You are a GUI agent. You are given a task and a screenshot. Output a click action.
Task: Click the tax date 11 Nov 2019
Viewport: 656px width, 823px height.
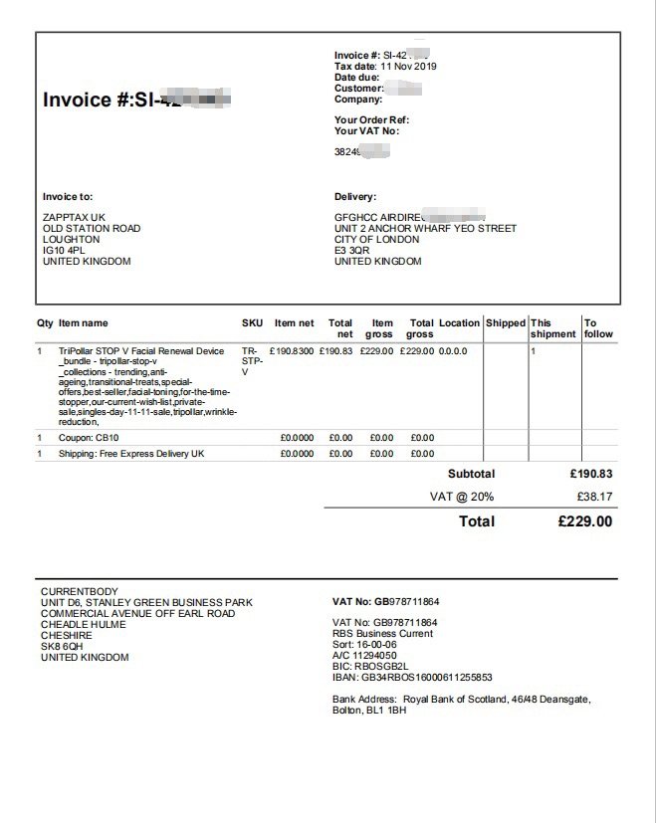click(408, 67)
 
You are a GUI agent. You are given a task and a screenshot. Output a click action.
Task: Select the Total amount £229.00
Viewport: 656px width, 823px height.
click(584, 521)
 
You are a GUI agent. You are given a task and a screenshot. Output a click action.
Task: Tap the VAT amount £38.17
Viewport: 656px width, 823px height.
click(594, 497)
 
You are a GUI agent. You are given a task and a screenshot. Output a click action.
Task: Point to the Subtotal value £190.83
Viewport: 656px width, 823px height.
click(591, 474)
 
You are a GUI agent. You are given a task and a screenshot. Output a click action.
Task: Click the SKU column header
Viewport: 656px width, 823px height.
click(252, 323)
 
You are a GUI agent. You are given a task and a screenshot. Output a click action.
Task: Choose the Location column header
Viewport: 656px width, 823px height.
click(459, 323)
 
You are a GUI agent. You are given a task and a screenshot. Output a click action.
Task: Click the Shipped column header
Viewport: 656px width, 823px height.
click(506, 323)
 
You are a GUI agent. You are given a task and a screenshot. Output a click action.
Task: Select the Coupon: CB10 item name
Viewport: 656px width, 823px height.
click(94, 438)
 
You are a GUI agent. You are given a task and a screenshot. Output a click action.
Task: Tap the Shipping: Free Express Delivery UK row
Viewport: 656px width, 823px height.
click(131, 454)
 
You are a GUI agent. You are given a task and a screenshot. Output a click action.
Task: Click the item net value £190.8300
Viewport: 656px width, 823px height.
click(292, 351)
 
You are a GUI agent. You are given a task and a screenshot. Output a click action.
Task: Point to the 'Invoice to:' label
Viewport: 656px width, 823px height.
click(68, 197)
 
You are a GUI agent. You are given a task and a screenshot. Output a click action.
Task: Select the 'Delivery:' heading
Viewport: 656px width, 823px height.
click(355, 197)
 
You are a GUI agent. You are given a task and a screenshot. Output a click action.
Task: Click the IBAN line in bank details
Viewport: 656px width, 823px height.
click(412, 678)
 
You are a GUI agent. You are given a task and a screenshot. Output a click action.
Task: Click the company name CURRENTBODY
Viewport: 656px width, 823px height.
click(79, 592)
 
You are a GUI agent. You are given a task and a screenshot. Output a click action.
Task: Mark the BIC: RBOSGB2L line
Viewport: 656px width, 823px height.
click(370, 667)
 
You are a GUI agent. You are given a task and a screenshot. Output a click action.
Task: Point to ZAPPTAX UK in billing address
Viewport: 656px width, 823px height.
click(75, 218)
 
